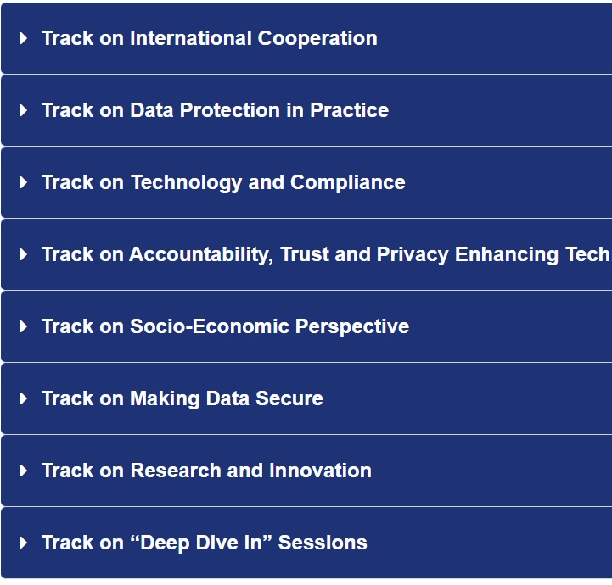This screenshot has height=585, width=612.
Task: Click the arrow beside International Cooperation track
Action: click(24, 38)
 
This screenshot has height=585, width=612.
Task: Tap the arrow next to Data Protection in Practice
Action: click(24, 110)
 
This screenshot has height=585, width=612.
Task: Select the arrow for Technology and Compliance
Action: click(24, 182)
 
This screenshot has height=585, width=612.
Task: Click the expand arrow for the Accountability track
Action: click(24, 254)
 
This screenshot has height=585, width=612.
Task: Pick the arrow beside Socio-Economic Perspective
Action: click(24, 326)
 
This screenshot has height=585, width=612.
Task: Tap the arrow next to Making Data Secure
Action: click(24, 398)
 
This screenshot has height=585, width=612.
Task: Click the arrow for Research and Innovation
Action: click(24, 471)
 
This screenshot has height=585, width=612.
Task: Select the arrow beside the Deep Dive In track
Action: click(24, 543)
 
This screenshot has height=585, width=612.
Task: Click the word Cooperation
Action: click(317, 39)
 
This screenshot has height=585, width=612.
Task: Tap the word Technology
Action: click(186, 183)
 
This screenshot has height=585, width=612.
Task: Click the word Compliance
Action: click(348, 183)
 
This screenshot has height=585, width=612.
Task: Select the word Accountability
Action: click(201, 255)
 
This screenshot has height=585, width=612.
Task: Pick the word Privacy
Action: click(413, 255)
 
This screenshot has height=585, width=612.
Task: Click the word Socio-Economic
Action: click(210, 326)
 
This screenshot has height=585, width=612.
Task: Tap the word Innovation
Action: click(320, 471)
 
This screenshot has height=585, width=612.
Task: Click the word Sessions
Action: click(323, 543)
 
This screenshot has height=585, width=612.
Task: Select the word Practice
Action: click(350, 110)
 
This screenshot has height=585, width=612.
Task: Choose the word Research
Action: click(176, 471)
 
